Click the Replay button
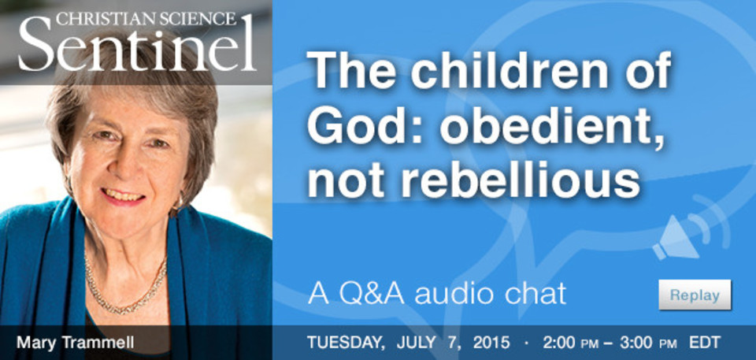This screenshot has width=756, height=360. (x=695, y=295)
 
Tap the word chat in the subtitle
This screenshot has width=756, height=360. (x=535, y=294)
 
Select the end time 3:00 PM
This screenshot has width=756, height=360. (x=640, y=343)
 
